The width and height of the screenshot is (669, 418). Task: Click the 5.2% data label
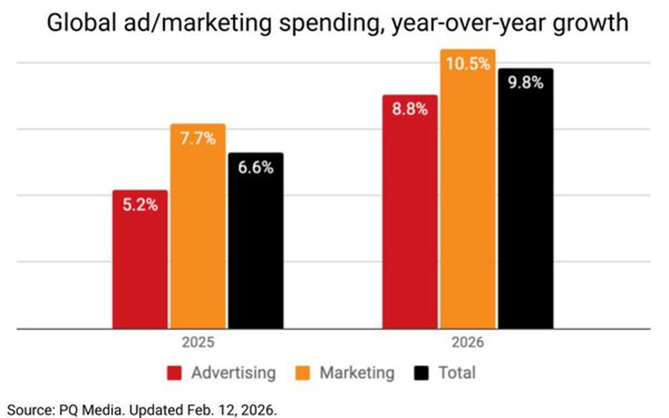[140, 205]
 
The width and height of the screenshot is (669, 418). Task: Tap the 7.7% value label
[198, 138]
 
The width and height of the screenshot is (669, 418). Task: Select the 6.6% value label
[256, 167]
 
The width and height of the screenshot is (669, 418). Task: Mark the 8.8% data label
[410, 109]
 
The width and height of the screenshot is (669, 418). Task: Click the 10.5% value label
[468, 64]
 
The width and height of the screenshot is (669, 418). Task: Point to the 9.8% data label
[526, 83]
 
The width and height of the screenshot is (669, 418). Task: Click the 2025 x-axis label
[198, 342]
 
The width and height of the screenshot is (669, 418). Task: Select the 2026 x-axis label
[468, 342]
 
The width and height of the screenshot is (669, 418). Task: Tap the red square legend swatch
[174, 373]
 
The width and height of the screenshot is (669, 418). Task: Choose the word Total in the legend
[457, 372]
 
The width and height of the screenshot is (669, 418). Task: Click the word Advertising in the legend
[233, 372]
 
